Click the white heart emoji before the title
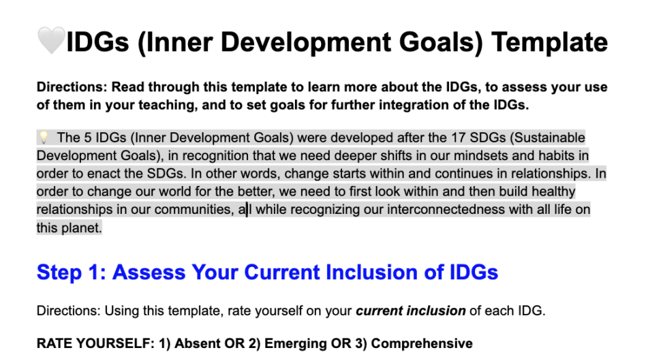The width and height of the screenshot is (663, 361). click(x=51, y=41)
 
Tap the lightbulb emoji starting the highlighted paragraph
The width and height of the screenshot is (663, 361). click(x=44, y=137)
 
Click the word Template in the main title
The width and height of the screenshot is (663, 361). click(x=550, y=42)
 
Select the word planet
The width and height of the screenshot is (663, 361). click(x=82, y=228)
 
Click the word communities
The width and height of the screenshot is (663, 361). click(x=194, y=210)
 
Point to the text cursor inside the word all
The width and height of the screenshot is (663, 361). click(x=247, y=209)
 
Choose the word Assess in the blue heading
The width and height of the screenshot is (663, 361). click(x=149, y=272)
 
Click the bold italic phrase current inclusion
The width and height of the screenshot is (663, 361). click(x=411, y=311)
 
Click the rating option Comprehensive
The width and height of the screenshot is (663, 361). click(x=422, y=343)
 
